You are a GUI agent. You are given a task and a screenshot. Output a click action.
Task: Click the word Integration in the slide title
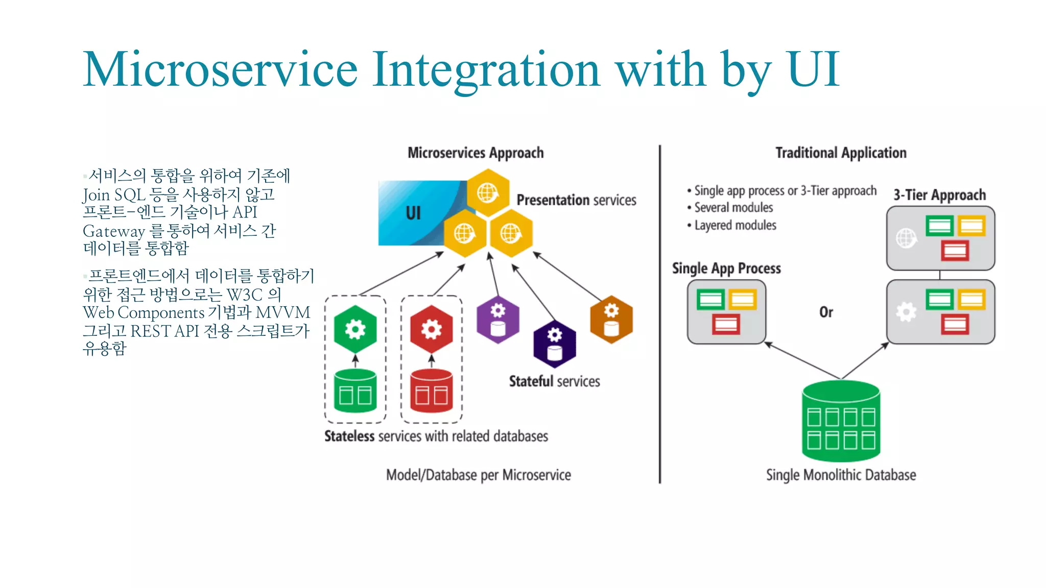coord(486,70)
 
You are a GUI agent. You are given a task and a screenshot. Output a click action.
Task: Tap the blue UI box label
coord(413,213)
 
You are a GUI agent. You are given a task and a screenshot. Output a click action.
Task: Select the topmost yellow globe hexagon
coord(488,193)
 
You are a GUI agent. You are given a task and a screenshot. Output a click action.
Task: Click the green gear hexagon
coord(355,329)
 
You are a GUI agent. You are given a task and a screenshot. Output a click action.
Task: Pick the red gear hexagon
coord(432,329)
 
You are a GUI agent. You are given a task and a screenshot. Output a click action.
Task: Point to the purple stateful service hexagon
coord(498,320)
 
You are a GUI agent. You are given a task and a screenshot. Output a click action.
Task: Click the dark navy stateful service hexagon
coord(555,344)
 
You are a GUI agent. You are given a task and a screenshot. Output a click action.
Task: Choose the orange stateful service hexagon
coord(611,320)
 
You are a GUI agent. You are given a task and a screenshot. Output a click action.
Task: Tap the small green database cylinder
coord(355,391)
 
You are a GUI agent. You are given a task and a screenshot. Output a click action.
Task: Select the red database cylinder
coord(432,391)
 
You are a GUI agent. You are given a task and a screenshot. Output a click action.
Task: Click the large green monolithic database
coord(841,422)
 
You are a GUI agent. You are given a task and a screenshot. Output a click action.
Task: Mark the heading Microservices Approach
coord(476,153)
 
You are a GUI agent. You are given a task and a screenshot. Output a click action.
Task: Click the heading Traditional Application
coord(841,153)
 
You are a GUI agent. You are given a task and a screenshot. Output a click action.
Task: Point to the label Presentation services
coord(576,200)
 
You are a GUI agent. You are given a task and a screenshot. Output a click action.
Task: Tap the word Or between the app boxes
coord(826,312)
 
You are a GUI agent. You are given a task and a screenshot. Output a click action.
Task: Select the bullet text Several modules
coord(733,208)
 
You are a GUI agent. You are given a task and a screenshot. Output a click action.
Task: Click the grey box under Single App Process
coord(726,312)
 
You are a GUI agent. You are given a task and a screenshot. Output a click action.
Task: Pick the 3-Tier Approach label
coord(939,195)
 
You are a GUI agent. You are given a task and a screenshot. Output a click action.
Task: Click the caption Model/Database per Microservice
coord(479,475)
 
